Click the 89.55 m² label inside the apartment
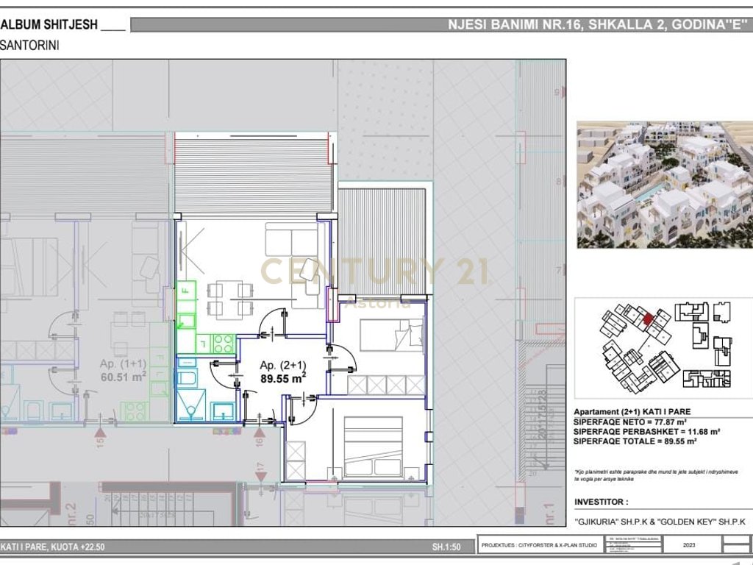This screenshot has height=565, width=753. click(x=283, y=380)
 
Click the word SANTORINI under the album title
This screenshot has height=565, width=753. click(x=30, y=45)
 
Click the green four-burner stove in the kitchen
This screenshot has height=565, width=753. click(x=224, y=342)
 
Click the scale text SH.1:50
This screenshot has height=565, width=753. click(x=446, y=547)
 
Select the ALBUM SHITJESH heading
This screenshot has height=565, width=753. click(x=49, y=24)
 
